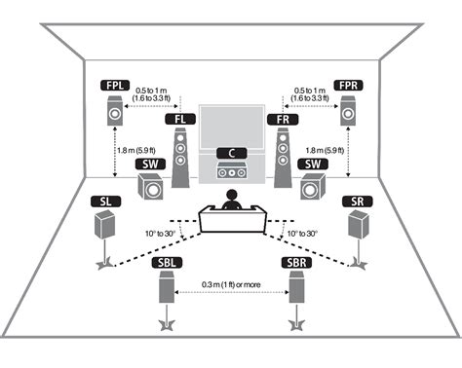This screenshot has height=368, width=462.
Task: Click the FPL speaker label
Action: point(115,86)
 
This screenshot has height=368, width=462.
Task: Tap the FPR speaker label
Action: point(348,86)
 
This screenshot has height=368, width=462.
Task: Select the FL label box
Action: point(178,119)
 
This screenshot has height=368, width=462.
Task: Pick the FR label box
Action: point(282,119)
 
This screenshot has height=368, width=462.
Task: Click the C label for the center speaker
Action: point(231,152)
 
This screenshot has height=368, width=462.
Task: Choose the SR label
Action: point(357,201)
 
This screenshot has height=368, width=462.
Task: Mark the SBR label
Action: point(296,264)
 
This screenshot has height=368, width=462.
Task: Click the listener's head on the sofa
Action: point(232,199)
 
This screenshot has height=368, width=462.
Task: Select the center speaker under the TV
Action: point(231,173)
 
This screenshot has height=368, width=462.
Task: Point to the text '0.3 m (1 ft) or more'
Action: point(232,284)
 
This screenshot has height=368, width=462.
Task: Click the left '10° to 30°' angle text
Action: point(160,235)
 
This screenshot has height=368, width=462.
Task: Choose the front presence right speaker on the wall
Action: point(348,114)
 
